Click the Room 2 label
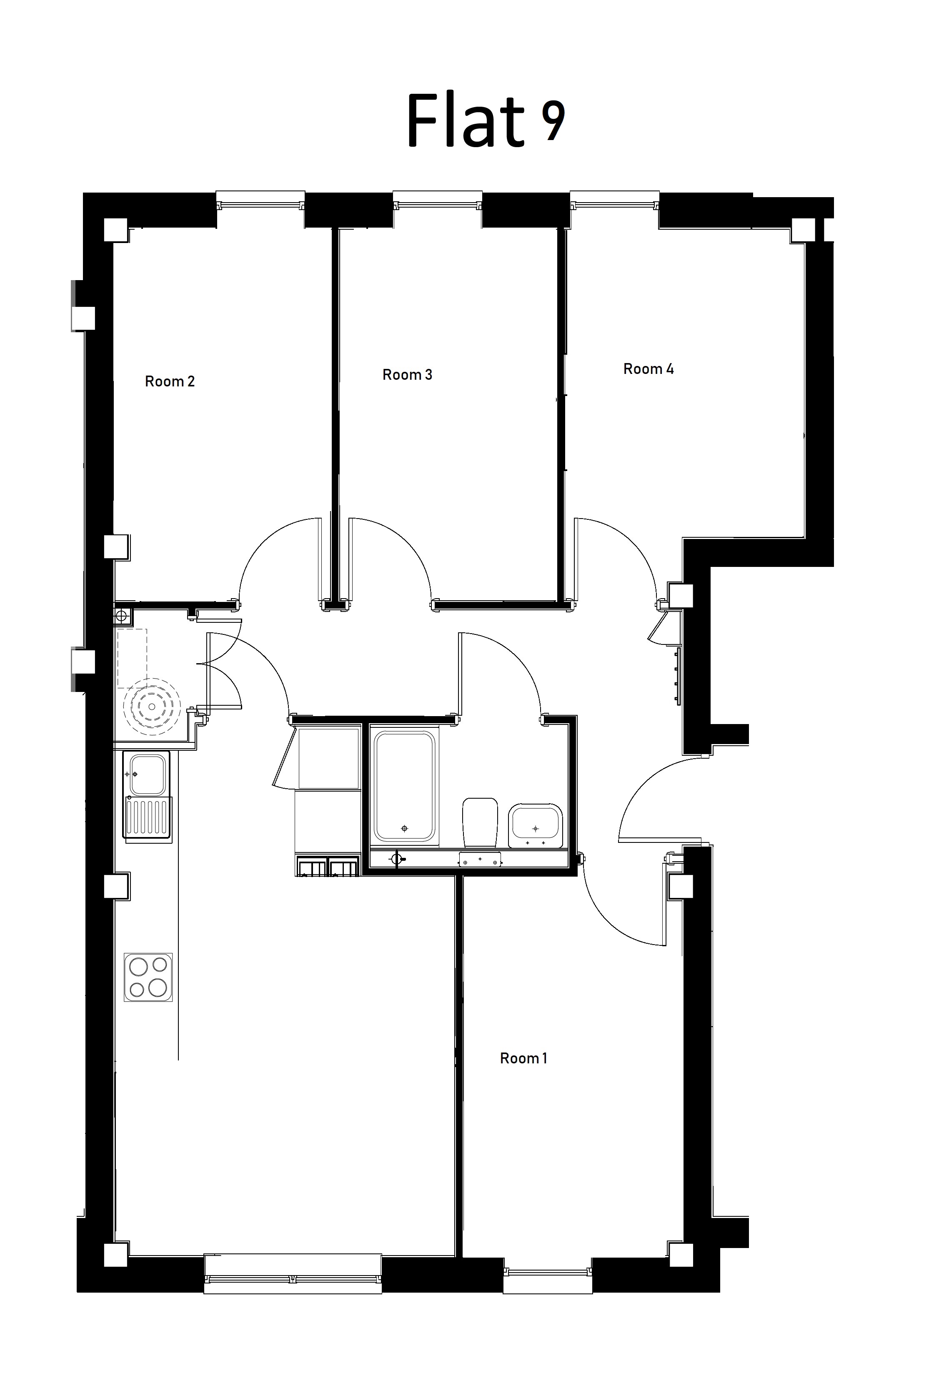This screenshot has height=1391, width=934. point(170,381)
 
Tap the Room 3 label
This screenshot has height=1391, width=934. point(408,375)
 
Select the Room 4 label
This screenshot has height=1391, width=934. point(648,369)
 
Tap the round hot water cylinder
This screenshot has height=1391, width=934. point(152,707)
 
